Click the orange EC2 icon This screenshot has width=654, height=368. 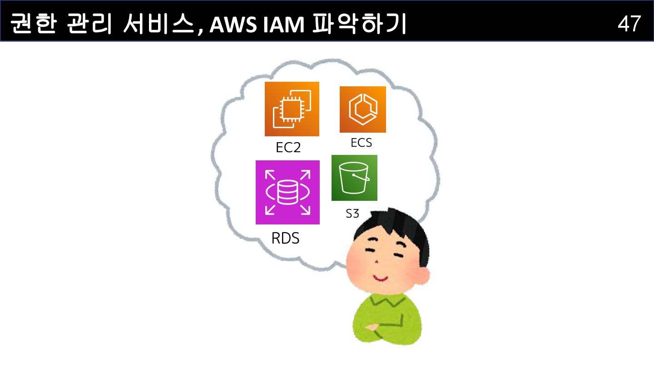point(292,109)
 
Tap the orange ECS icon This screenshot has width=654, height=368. point(362,109)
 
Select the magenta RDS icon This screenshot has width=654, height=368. point(287,192)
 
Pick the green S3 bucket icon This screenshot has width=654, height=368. point(354,178)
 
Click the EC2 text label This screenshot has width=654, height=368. point(288,148)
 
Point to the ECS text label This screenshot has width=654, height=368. point(361,143)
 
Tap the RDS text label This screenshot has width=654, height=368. point(285,238)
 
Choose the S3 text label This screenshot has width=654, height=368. point(352,214)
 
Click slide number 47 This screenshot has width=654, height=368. point(629,24)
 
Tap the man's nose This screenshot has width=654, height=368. point(377,263)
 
